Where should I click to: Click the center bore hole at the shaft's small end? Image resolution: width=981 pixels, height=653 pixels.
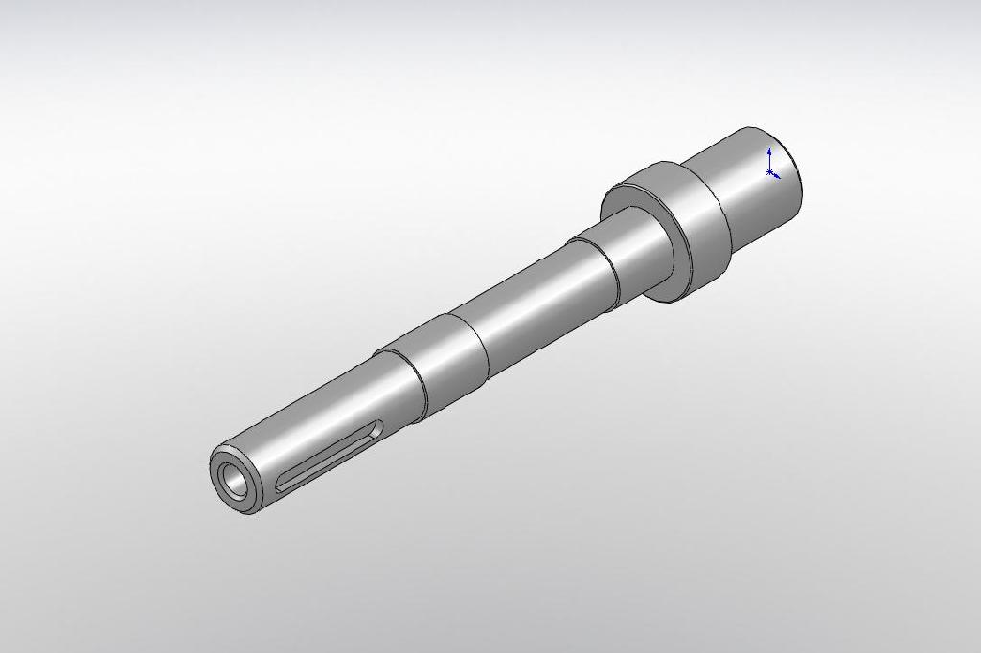coord(233,482)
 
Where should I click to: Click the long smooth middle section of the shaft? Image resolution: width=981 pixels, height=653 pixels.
coord(536,297)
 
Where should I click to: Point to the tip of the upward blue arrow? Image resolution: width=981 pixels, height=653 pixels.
coord(769,151)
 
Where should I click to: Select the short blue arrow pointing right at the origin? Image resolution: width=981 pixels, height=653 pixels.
coord(777,176)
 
